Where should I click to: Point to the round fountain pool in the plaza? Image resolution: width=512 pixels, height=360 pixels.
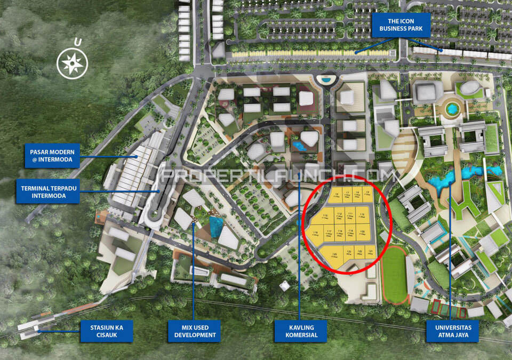(x=452, y=109)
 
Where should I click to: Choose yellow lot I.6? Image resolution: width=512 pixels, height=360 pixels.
(x=337, y=195)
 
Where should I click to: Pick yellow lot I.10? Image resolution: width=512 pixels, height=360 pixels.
(x=362, y=215)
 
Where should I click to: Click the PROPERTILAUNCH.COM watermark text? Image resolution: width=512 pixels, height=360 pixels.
(x=277, y=175)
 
